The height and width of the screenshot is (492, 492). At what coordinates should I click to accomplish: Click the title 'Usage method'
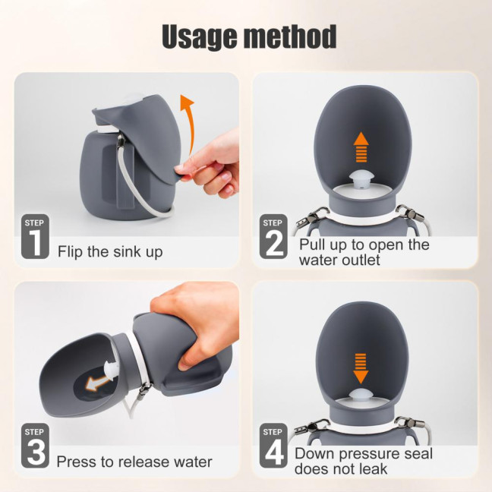[248, 36]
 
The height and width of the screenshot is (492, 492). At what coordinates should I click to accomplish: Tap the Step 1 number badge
[35, 238]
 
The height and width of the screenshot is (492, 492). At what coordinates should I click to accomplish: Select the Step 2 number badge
[273, 238]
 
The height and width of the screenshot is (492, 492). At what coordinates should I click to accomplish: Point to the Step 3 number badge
[35, 446]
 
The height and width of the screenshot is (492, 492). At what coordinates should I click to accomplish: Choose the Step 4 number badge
[273, 446]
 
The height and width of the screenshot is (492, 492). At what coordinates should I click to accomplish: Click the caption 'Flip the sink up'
[110, 251]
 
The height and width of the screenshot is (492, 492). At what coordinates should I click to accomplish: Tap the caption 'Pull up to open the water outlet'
[364, 252]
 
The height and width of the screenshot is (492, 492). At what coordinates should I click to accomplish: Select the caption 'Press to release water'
[134, 462]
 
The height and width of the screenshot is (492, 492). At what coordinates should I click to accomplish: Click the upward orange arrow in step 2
[361, 145]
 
